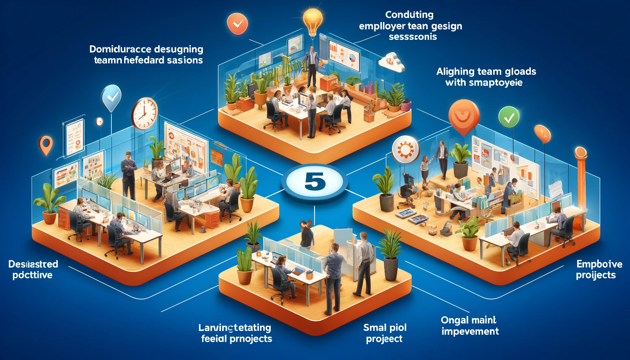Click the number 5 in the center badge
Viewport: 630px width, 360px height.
[x=315, y=182]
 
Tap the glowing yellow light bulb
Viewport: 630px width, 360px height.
[x=313, y=20]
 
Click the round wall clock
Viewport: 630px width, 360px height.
[x=144, y=113]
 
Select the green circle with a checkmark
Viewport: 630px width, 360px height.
[x=509, y=117]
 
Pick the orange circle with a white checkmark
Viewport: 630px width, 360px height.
[x=237, y=24]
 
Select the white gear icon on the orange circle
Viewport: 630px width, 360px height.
[x=405, y=150]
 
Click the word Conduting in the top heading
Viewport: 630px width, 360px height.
[x=409, y=15]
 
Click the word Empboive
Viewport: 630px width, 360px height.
[x=599, y=264]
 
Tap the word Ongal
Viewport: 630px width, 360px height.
[x=454, y=320]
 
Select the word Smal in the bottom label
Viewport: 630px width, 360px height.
[x=375, y=328]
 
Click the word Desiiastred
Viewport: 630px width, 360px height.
[x=33, y=264]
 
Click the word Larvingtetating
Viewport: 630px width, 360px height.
[x=234, y=328]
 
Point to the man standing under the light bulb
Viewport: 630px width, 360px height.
[x=312, y=66]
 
